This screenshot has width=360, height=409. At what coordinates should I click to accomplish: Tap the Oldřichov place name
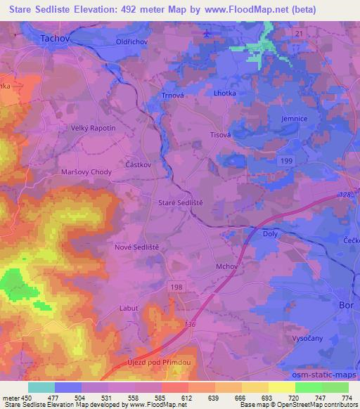click(x=131, y=41)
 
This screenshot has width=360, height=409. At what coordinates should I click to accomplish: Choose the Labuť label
click(x=129, y=308)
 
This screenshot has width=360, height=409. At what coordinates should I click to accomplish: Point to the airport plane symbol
click(x=206, y=33)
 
